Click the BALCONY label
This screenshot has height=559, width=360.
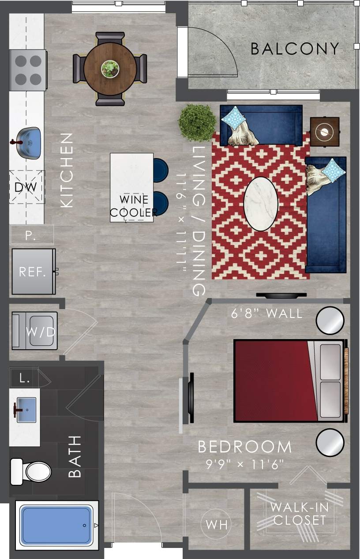click(x=295, y=49)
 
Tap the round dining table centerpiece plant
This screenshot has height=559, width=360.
click(x=110, y=69)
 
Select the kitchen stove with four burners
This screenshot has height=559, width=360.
click(x=28, y=70)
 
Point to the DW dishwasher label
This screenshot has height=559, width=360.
click(x=26, y=187)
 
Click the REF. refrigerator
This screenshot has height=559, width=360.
click(x=33, y=272)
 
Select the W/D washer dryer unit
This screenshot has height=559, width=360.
click(x=34, y=331)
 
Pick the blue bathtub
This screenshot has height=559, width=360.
click(x=56, y=525)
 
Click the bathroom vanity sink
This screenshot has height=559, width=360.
click(x=26, y=410)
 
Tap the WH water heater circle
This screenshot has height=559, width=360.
click(x=216, y=525)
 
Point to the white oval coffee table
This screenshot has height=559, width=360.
click(x=261, y=204)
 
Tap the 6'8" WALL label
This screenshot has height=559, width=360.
click(x=267, y=313)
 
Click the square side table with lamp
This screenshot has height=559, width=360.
click(x=325, y=131)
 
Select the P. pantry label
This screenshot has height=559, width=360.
click(x=30, y=235)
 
